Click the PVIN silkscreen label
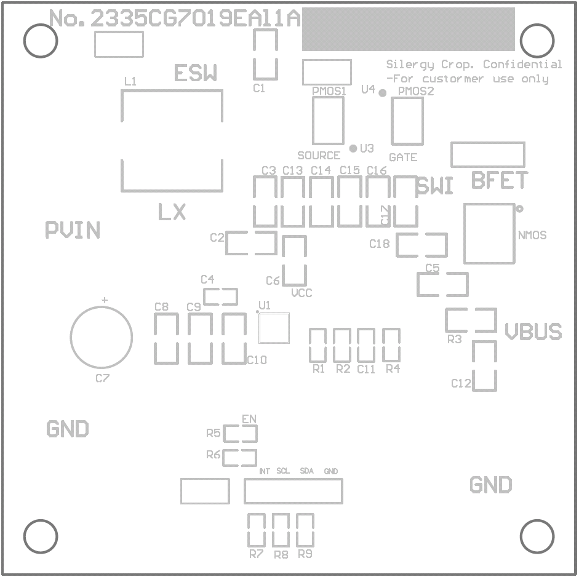click(x=73, y=230)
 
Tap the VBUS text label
click(x=533, y=332)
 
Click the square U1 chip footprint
click(x=274, y=328)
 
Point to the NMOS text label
click(x=532, y=236)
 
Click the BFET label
click(x=500, y=181)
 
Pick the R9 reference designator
click(x=305, y=554)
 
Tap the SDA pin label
click(x=306, y=471)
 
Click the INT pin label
click(x=265, y=472)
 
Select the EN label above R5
click(x=249, y=419)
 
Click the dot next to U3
click(x=353, y=148)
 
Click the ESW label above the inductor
click(x=195, y=74)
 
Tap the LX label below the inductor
click(x=172, y=213)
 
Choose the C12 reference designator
click(x=461, y=384)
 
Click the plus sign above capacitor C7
click(x=104, y=300)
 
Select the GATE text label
click(x=403, y=157)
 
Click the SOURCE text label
click(x=319, y=156)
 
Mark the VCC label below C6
click(x=301, y=293)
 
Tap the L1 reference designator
click(x=130, y=81)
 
